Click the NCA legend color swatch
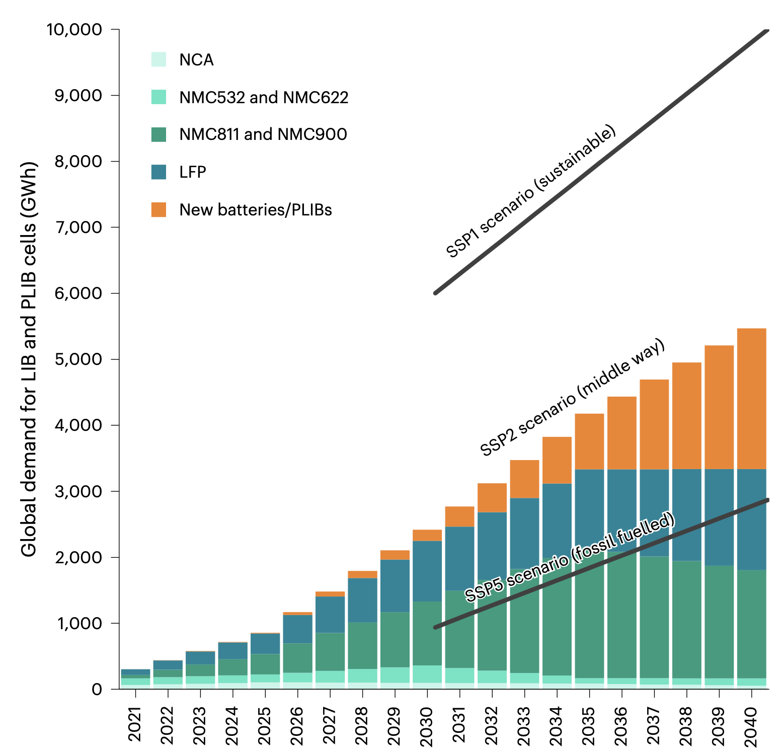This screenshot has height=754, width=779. click(159, 59)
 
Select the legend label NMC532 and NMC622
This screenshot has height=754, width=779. click(264, 97)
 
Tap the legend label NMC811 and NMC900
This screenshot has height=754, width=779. click(263, 134)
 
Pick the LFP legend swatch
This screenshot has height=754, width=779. click(159, 172)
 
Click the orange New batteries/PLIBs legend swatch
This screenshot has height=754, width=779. click(159, 209)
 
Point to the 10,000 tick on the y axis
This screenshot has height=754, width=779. click(74, 30)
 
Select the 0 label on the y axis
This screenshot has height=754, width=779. click(97, 689)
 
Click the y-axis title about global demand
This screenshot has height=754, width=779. click(29, 359)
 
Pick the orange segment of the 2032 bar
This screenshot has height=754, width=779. click(492, 497)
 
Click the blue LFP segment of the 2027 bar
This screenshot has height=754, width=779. click(330, 614)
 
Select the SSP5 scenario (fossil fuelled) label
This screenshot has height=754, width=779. click(569, 558)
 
